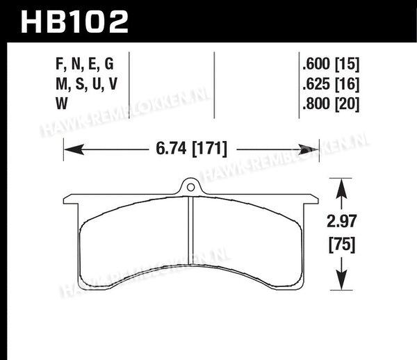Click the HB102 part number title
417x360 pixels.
pyautogui.click(x=74, y=22)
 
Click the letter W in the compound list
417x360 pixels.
pyautogui.click(x=62, y=104)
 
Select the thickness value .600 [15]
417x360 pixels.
pyautogui.click(x=331, y=64)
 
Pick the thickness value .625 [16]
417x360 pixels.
pyautogui.click(x=331, y=84)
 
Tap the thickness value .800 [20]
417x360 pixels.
pyautogui.click(x=331, y=104)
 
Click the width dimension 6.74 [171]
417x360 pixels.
pyautogui.click(x=192, y=149)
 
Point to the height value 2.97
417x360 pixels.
pyautogui.click(x=342, y=222)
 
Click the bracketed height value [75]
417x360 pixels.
pyautogui.click(x=342, y=245)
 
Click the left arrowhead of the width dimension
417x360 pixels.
pyautogui.click(x=74, y=149)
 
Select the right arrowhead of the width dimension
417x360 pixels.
pyautogui.click(x=309, y=149)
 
